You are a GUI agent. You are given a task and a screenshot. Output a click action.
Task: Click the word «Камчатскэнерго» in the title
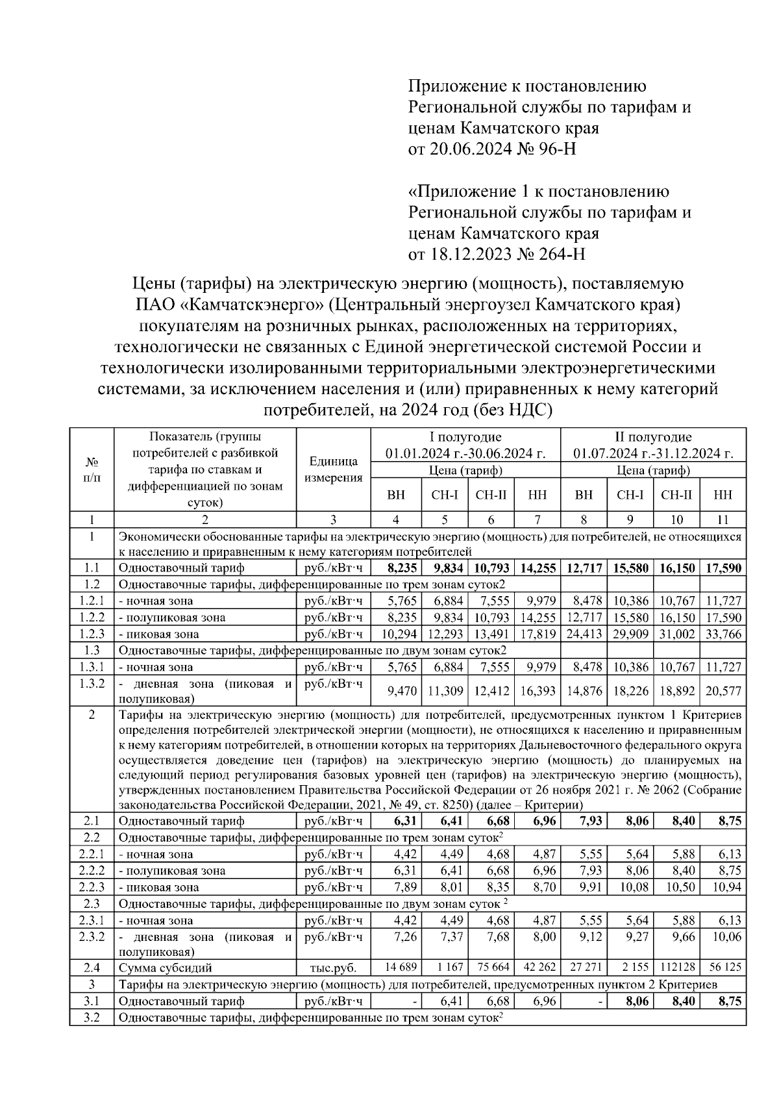249,305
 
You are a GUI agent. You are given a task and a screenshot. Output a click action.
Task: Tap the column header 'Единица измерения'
333,470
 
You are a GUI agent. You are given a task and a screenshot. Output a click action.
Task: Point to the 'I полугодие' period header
465,437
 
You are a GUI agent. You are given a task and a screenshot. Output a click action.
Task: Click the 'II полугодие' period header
653,437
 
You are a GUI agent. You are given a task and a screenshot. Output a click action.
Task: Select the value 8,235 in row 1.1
400,568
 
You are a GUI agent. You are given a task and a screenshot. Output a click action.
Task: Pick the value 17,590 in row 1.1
723,568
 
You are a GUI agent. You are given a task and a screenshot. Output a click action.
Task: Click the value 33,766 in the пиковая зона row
723,634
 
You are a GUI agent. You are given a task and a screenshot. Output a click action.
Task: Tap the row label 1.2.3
92,634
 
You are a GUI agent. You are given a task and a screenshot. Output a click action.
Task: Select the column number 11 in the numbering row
723,520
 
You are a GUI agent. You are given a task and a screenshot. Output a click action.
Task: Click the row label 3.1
92,1002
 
